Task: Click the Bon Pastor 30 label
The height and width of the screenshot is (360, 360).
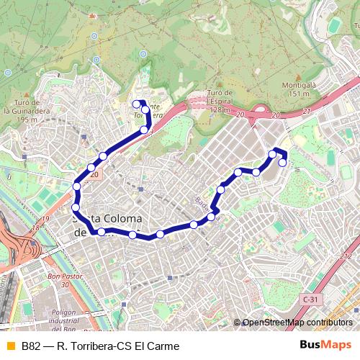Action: tap(63, 279)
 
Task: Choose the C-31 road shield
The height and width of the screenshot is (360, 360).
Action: tap(310, 298)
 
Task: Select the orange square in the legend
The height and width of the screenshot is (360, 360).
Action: tap(9, 346)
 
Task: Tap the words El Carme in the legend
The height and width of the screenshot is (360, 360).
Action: tap(162, 346)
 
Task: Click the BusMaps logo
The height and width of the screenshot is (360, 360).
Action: tap(325, 345)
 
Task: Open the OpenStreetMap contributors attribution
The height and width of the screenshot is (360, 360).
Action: tap(297, 323)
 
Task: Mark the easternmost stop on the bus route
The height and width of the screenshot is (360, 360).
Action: tap(283, 163)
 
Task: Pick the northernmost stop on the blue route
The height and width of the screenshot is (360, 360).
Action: tap(136, 104)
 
